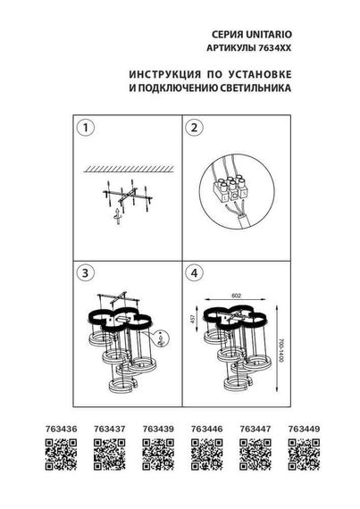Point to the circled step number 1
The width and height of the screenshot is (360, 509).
pos(87,129)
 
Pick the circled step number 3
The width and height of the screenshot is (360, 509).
pos(87,271)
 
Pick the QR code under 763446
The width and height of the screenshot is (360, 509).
pos(205,458)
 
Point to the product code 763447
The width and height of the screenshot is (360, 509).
pos(254,429)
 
